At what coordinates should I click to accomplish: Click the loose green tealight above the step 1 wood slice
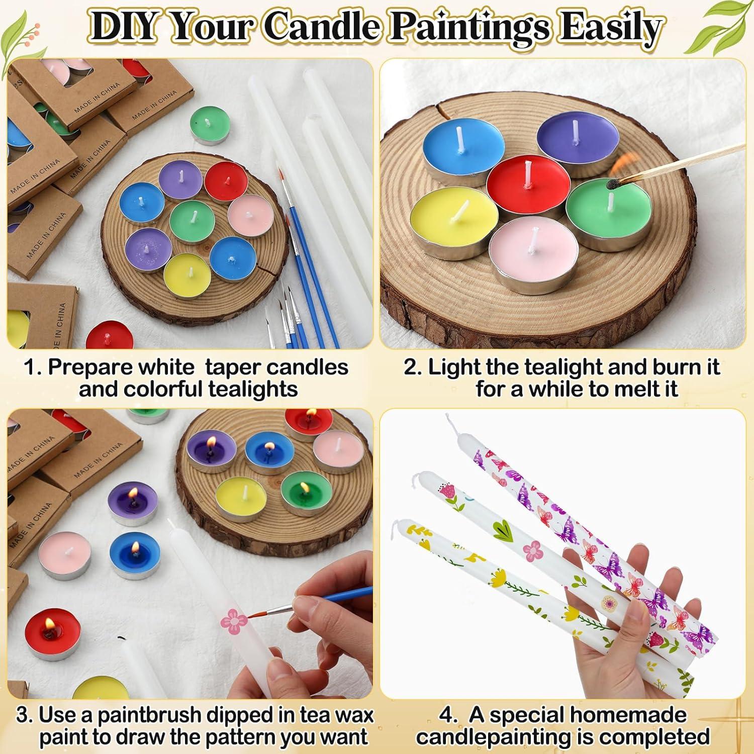(x=208, y=123)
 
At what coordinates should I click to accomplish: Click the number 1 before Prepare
(x=31, y=367)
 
